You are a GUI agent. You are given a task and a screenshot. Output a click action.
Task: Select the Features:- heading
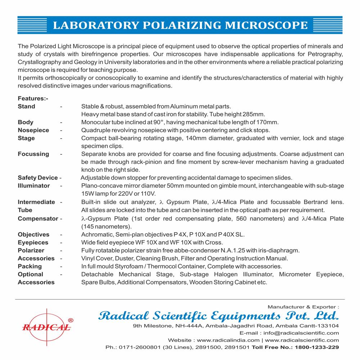[x=33, y=98]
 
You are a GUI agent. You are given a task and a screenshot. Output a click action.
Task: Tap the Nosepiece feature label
[x=33, y=130]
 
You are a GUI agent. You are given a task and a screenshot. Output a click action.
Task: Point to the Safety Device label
[x=38, y=177]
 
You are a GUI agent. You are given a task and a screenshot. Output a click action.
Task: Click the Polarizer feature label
[x=31, y=250]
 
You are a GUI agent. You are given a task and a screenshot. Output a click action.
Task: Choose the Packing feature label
[x=30, y=266]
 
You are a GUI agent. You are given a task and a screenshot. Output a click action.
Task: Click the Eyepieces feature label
[x=33, y=242]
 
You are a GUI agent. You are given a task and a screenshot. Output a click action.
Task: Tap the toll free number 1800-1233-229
[x=317, y=347]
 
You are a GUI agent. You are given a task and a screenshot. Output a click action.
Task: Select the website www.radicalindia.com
[x=228, y=340]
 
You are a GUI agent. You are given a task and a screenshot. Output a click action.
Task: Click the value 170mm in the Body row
[x=269, y=122]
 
